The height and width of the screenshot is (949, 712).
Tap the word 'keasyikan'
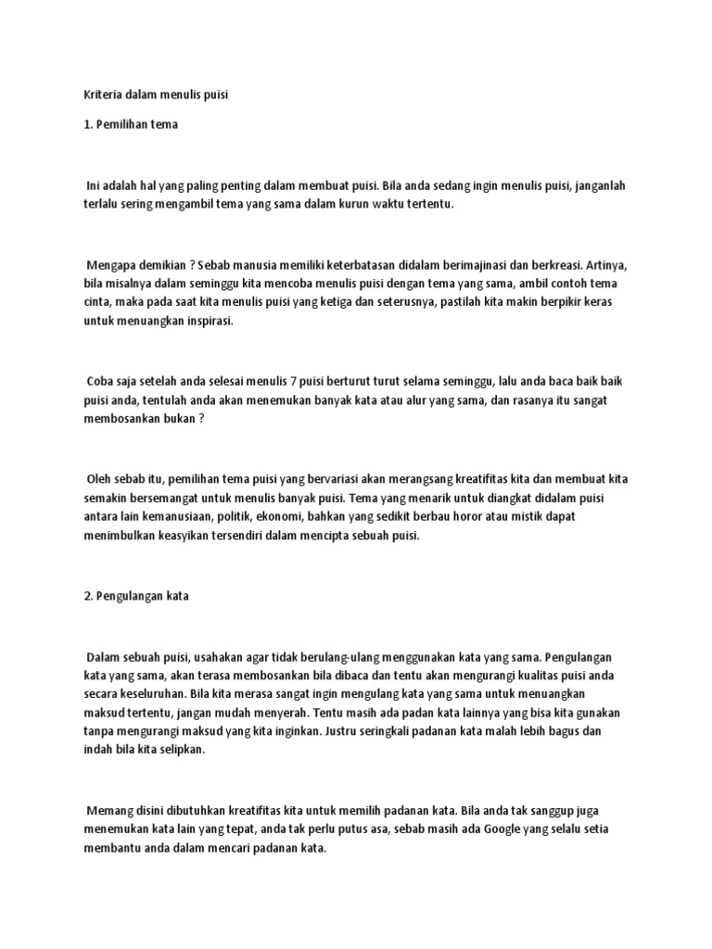point(193,534)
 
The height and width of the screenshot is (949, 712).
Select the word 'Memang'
point(109,809)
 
